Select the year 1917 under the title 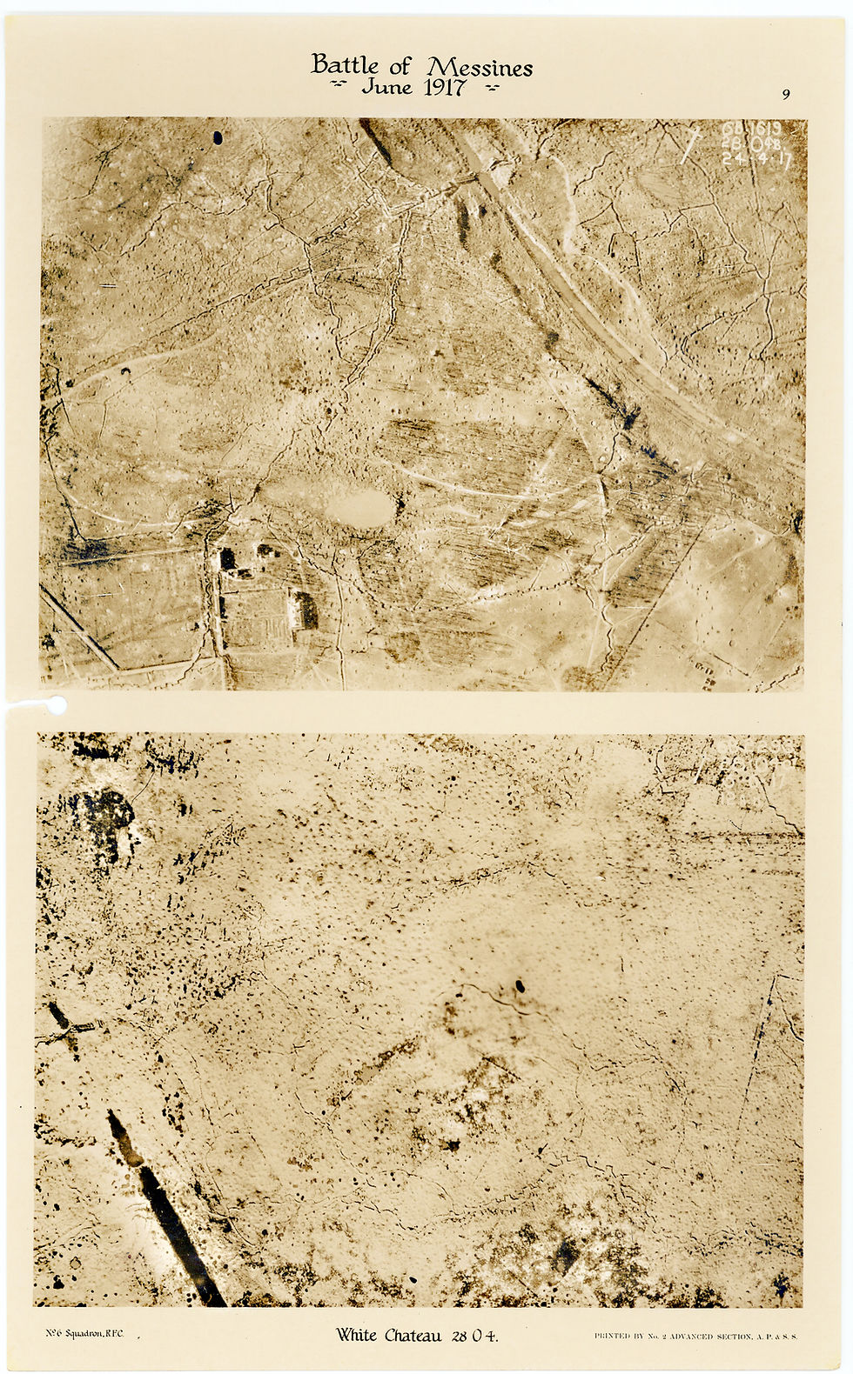tap(443, 87)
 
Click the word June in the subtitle tap(387, 87)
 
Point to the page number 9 tap(786, 95)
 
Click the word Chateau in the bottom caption tap(415, 1335)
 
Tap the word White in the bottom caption tap(357, 1335)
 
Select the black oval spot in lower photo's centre tap(520, 986)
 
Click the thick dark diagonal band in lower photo tap(165, 1209)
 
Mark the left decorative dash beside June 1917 tap(343, 87)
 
